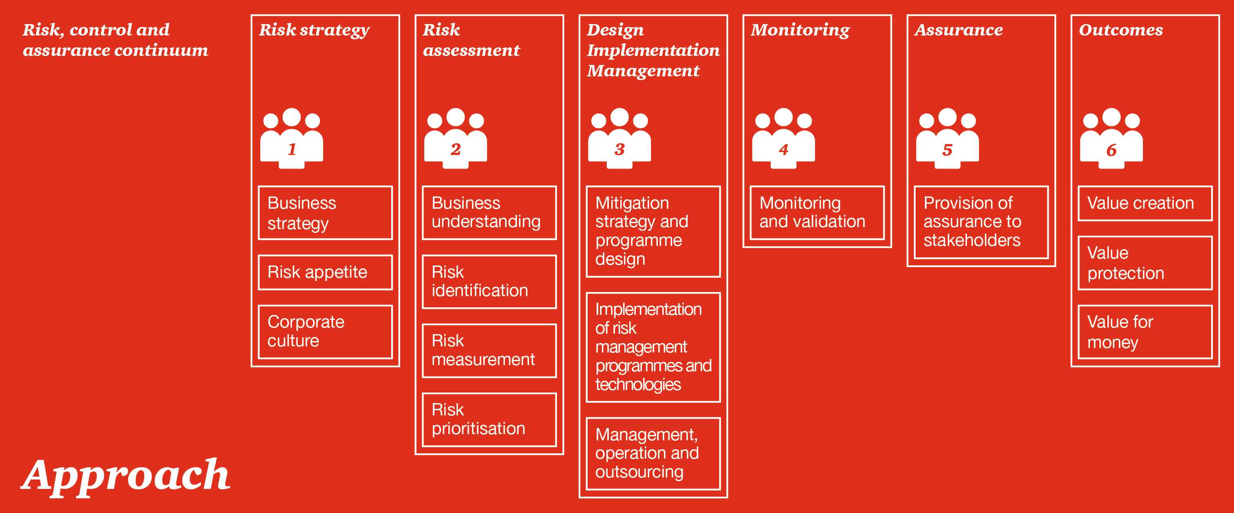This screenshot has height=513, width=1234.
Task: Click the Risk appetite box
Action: point(325,272)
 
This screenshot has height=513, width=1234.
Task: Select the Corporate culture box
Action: point(325,332)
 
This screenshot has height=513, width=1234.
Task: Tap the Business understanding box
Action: point(489,213)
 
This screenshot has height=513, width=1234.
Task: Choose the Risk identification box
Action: point(489,282)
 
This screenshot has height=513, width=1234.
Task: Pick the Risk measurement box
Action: point(489,350)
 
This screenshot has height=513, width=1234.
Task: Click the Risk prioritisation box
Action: point(489,419)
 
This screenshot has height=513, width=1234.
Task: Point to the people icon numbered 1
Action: point(292,139)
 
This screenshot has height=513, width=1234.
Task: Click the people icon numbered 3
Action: point(619,139)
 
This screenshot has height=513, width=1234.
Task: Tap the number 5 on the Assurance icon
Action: point(947,150)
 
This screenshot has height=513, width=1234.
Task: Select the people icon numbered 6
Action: point(1111,139)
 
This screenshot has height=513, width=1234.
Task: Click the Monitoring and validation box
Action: point(817,213)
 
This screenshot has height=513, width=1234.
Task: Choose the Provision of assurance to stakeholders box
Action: point(981,222)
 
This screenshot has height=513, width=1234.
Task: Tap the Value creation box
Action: point(1145,203)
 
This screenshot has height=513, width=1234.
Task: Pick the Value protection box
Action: point(1145,263)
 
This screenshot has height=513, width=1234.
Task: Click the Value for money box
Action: point(1145,332)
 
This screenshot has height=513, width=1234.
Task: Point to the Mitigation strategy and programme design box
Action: point(653,231)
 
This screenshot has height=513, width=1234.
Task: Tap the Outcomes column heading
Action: point(1120,30)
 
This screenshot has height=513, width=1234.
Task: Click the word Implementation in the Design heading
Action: point(653,50)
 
